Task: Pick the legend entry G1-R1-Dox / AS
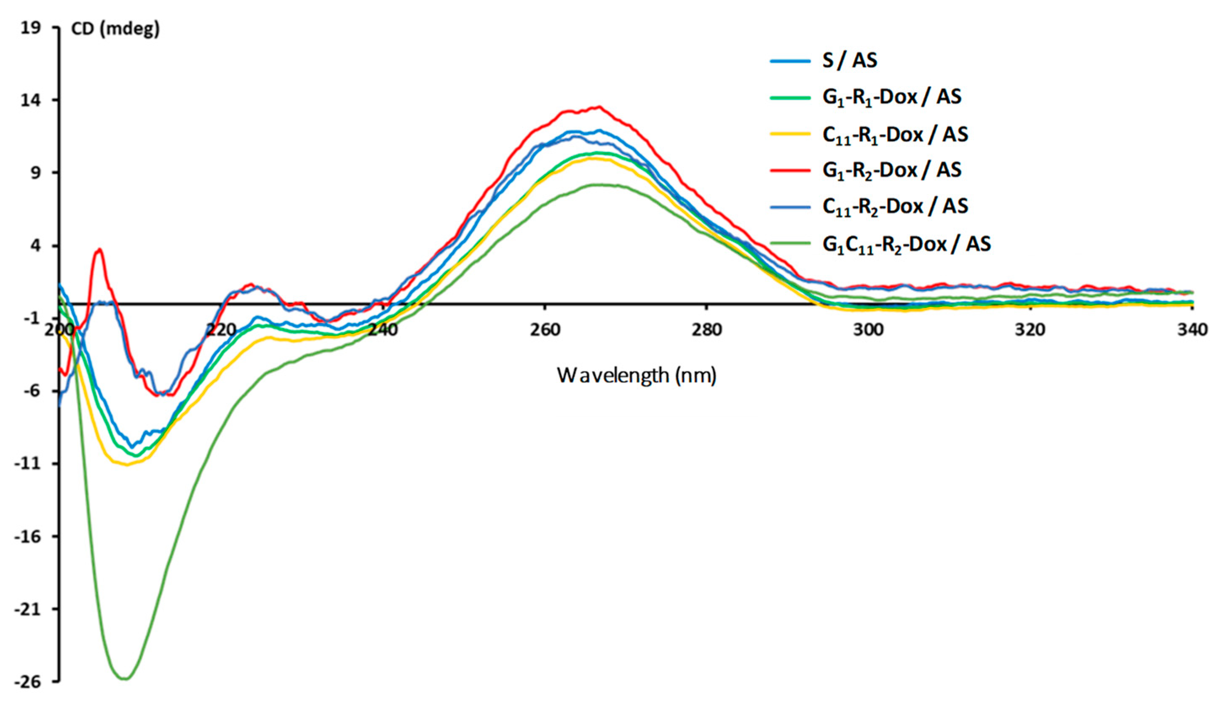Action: (x=892, y=98)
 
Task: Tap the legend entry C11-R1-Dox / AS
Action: (x=895, y=134)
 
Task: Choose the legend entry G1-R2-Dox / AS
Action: (x=892, y=170)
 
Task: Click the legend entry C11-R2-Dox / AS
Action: (x=895, y=206)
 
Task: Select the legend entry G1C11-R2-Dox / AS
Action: (x=907, y=244)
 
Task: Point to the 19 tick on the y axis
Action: (x=31, y=28)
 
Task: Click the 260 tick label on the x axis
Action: (x=545, y=330)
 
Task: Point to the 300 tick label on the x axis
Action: (x=869, y=330)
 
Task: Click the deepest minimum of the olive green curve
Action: (x=125, y=679)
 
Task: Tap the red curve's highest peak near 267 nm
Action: (x=599, y=107)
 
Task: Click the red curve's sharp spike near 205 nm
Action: (x=99, y=249)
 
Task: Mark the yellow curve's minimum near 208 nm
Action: (x=127, y=464)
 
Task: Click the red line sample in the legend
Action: (x=790, y=170)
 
